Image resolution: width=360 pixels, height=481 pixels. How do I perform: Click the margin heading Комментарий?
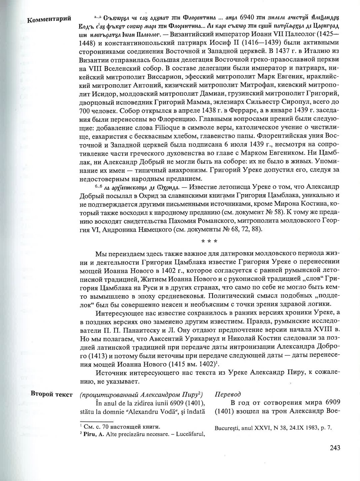click(x=49, y=19)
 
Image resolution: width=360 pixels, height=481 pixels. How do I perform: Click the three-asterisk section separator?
click(x=210, y=241)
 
